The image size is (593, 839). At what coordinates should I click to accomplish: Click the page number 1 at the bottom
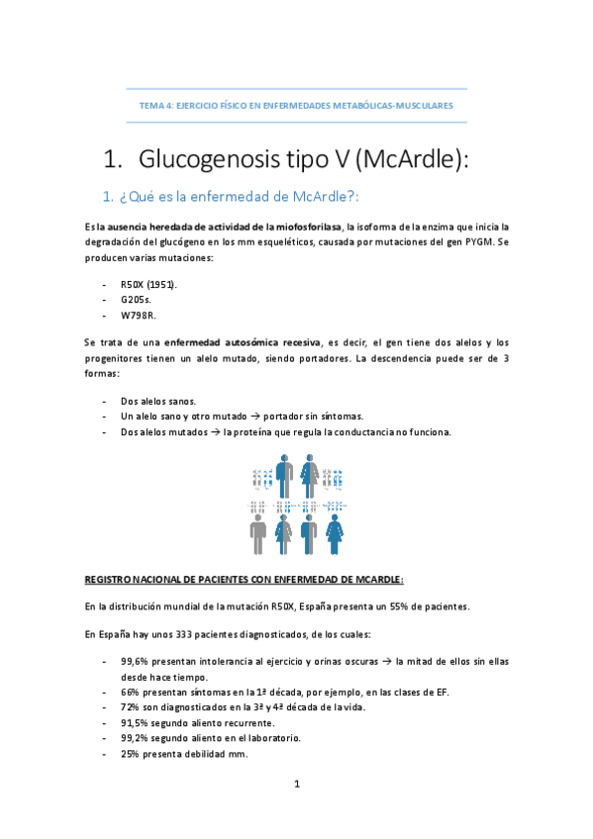(x=296, y=784)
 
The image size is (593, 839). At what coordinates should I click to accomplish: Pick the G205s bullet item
(x=136, y=300)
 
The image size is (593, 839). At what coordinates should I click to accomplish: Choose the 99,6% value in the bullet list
(x=135, y=660)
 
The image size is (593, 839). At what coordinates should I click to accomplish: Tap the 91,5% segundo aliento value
(x=135, y=723)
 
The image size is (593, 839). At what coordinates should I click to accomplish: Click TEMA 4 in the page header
(x=155, y=104)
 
